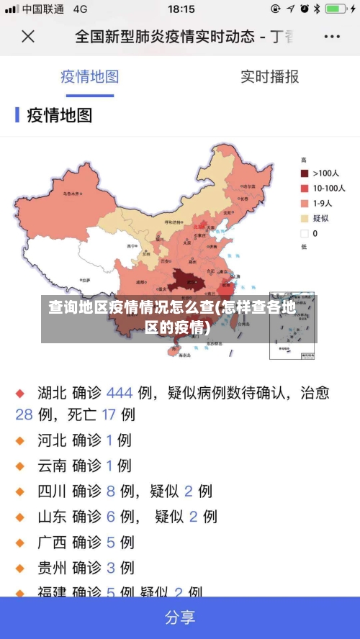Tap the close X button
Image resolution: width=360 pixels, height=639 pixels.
point(27,37)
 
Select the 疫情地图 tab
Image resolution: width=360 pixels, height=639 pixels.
point(89,76)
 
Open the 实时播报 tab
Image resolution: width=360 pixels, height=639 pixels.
point(269,76)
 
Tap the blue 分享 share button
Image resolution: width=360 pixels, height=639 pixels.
point(180,617)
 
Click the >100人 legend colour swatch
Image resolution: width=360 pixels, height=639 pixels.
point(305,173)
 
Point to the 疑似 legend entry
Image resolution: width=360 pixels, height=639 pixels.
point(320,218)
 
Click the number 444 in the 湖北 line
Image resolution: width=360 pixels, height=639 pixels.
point(120,393)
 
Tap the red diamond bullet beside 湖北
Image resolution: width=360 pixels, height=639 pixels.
point(20,394)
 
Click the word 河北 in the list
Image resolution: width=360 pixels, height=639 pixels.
point(52,440)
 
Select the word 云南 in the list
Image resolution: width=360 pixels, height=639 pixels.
point(52,466)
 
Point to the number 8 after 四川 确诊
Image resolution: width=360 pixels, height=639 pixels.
point(110,491)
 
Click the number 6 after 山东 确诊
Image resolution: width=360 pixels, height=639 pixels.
point(110,517)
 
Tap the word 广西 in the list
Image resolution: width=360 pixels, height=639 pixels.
point(52,543)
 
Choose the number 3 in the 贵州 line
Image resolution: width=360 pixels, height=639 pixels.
point(110,568)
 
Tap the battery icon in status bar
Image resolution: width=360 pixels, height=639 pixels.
point(335,9)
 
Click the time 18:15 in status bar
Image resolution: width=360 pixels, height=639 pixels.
point(181,9)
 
